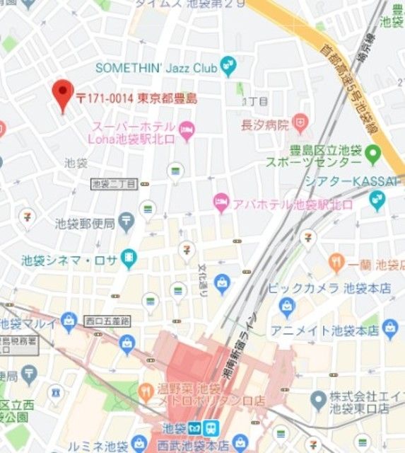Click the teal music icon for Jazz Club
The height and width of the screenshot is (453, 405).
click(x=228, y=67)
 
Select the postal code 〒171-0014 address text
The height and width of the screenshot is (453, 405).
click(x=139, y=99)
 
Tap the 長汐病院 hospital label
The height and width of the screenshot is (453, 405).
click(x=265, y=125)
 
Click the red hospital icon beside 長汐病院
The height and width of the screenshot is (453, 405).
click(x=300, y=125)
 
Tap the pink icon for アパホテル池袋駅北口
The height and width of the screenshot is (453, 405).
click(x=221, y=202)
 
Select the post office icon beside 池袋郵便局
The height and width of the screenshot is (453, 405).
click(x=127, y=222)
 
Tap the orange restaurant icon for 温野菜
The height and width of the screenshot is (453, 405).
click(x=146, y=390)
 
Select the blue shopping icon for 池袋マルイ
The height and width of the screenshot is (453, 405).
click(x=69, y=324)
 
